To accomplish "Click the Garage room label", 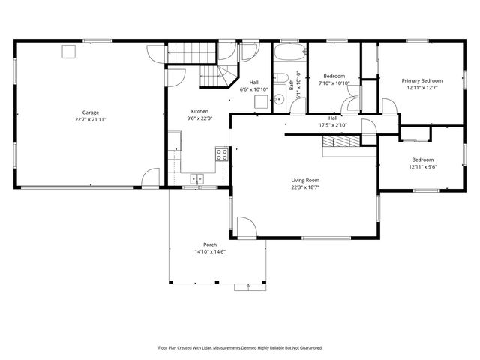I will coord(91,112).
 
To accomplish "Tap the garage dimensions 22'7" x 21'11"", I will coord(91,119).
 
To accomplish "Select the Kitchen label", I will coord(199,111).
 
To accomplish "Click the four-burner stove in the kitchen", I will coord(222,154).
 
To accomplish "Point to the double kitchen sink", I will coord(197,178).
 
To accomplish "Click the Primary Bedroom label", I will coord(421,81).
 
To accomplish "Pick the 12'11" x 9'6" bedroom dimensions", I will coord(422,166).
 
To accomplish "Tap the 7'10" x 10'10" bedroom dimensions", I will coord(334,83).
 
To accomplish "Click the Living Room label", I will coord(305,181).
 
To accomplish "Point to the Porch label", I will coord(210,245).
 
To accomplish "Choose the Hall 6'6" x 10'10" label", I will coord(254,89).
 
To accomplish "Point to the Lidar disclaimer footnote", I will coord(239,348).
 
